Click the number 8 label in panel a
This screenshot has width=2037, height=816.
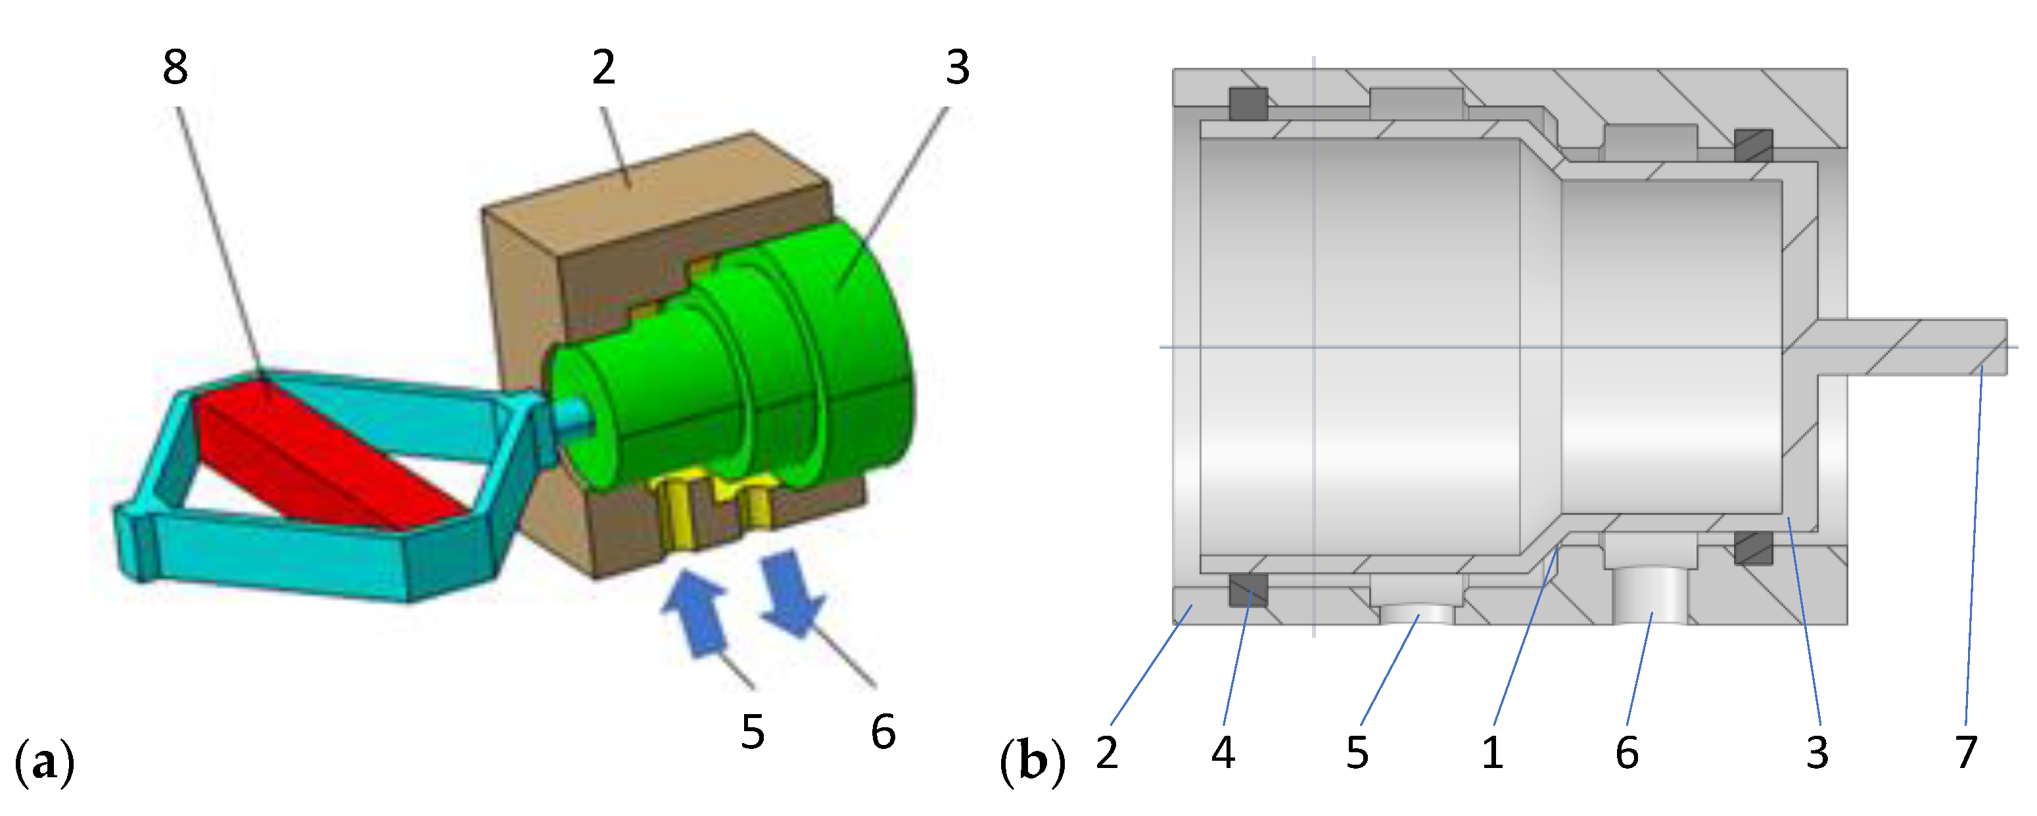pos(176,67)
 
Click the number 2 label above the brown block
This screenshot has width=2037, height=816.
pos(603,67)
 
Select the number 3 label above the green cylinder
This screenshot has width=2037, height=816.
pos(958,67)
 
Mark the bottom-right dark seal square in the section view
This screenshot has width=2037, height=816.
pos(1753,547)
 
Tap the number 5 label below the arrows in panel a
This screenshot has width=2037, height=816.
pos(753,731)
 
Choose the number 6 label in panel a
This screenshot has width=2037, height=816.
pos(883,731)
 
